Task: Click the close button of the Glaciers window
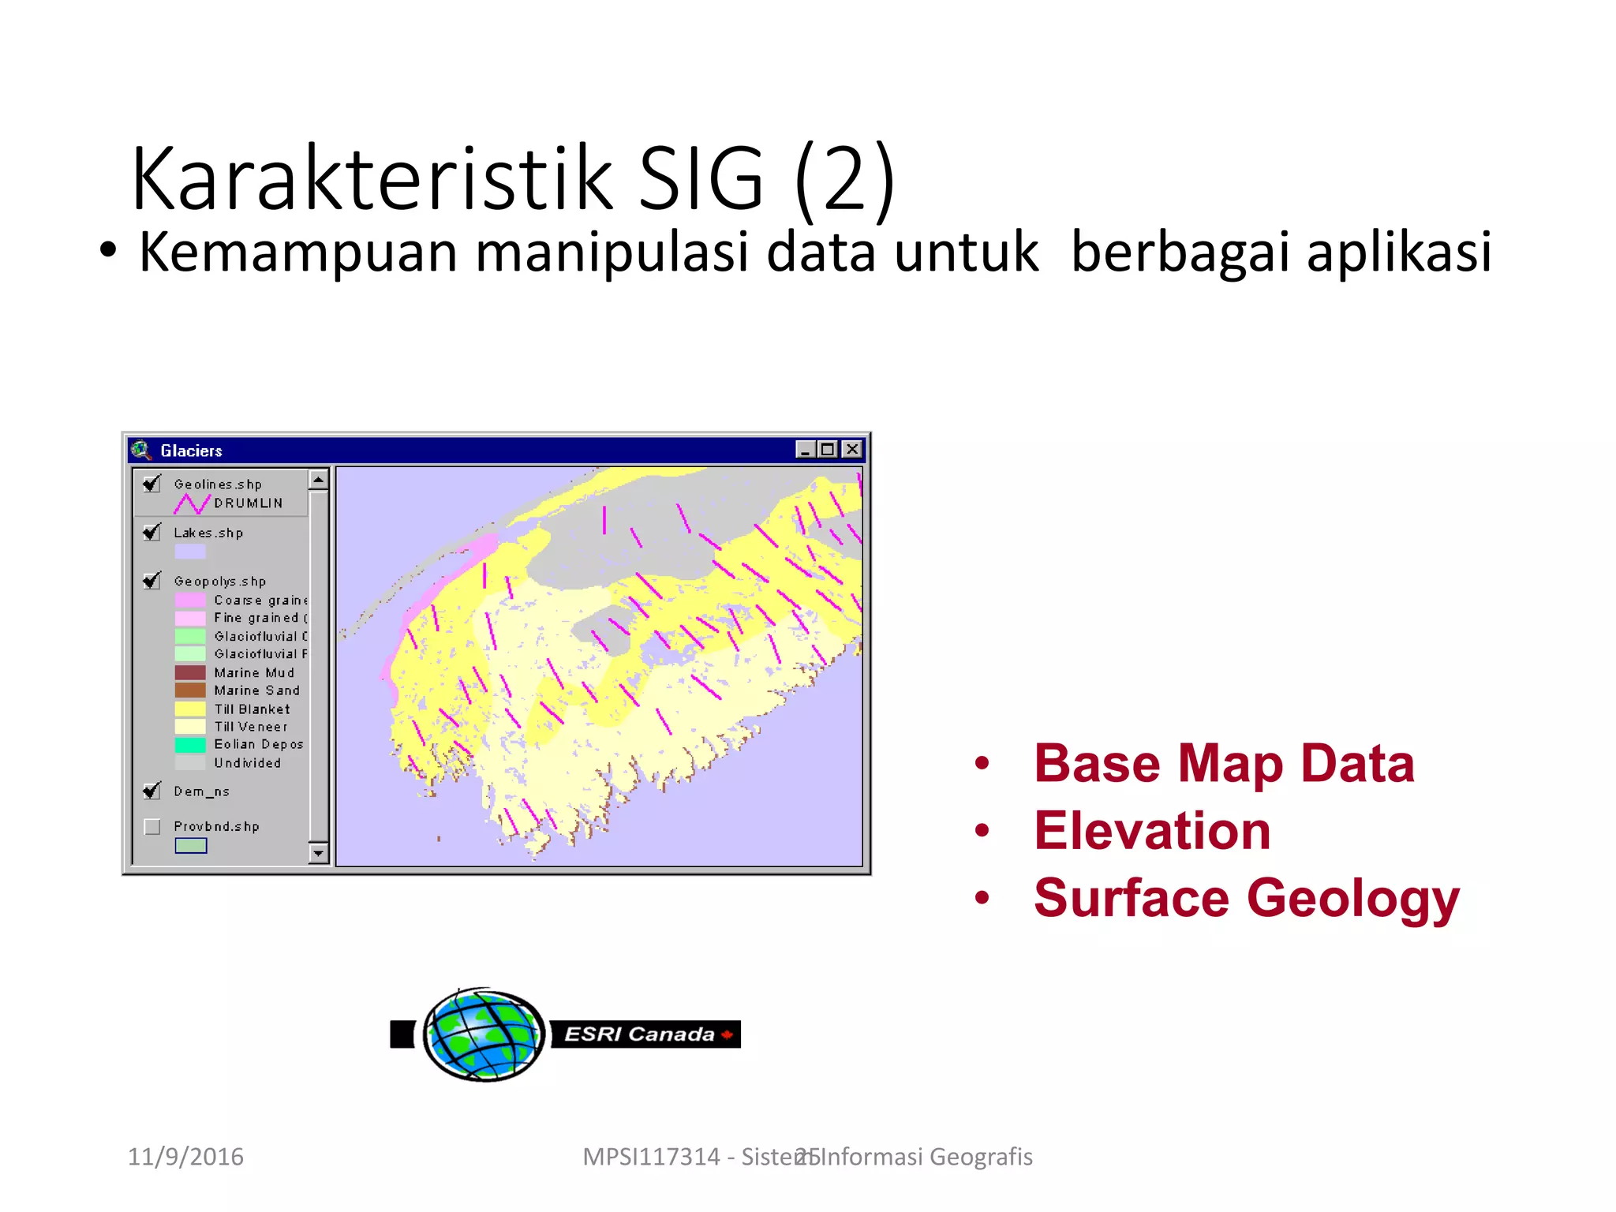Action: (x=852, y=449)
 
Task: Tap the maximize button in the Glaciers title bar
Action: (x=828, y=449)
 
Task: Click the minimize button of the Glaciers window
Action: (x=805, y=449)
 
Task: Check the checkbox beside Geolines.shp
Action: (x=152, y=483)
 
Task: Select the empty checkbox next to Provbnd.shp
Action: (x=152, y=826)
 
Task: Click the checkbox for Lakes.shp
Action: (x=152, y=532)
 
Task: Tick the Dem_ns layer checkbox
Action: (x=152, y=791)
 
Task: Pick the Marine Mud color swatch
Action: (x=190, y=672)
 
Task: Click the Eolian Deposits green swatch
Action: (x=190, y=744)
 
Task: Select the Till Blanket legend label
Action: (x=252, y=709)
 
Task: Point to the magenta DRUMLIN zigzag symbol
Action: (x=192, y=503)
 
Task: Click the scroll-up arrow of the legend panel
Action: (x=318, y=480)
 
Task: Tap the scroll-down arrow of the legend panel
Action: (x=318, y=853)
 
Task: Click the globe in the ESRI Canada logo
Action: (x=484, y=1034)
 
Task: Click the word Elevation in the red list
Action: (x=1152, y=831)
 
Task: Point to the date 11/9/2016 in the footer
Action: (x=185, y=1157)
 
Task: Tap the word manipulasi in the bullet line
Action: (x=612, y=252)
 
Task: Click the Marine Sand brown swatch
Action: (x=190, y=690)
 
